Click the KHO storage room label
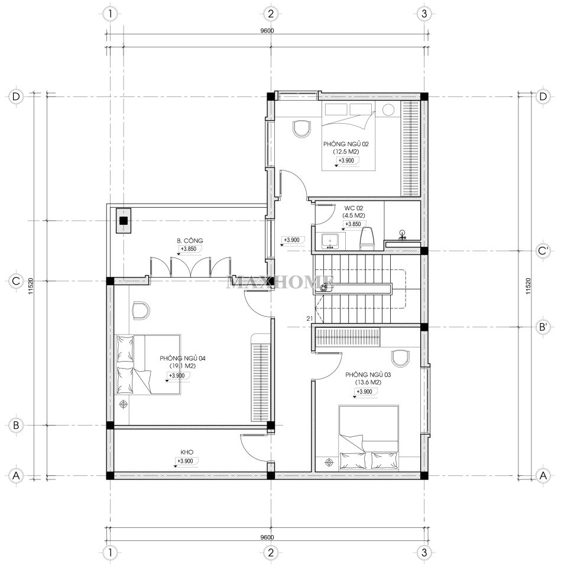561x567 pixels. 187,452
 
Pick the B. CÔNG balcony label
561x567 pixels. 190,240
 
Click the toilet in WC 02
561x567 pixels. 366,239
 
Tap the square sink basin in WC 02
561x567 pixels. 329,241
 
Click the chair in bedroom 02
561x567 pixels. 301,129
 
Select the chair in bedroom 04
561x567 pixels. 141,310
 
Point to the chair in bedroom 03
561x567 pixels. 400,358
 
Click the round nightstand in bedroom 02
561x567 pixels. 388,109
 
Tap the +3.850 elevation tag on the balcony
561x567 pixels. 189,249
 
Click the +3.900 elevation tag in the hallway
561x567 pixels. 291,240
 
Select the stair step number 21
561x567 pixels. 309,318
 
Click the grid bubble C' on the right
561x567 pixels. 543,250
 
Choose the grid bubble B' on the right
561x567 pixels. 543,327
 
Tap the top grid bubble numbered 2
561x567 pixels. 271,14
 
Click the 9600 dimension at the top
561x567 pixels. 267,31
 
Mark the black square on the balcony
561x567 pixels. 124,220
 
